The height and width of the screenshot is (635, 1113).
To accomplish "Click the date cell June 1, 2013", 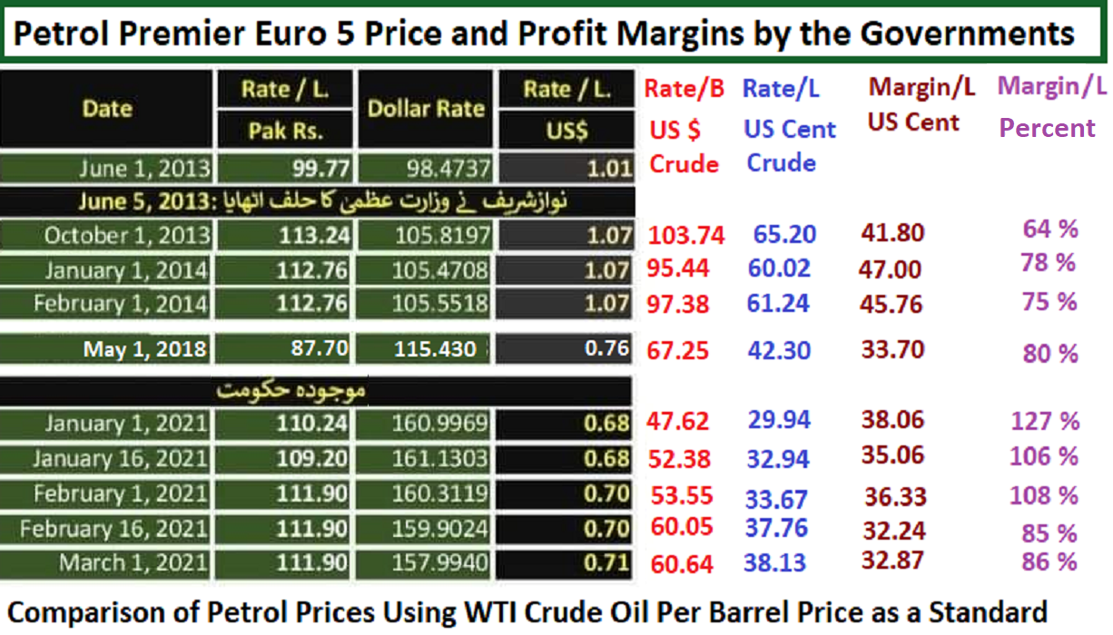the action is [145, 169].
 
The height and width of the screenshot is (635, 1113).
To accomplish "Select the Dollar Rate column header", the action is [426, 109].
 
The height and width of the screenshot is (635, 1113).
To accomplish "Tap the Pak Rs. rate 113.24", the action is [314, 235].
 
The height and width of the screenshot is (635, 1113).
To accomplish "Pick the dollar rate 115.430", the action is [435, 349].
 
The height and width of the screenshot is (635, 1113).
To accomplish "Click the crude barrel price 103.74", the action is [686, 235].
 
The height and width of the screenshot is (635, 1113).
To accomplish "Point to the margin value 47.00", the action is [890, 269].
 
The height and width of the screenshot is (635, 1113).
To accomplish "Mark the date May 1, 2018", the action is [144, 349].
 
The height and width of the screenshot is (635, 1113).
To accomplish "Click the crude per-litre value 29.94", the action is [779, 419].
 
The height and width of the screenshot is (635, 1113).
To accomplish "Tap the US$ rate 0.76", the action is [607, 348].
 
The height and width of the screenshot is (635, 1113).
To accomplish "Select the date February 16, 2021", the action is [113, 529].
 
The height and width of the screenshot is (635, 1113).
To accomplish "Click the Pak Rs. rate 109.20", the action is [312, 458].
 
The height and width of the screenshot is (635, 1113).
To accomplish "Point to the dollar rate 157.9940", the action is [440, 562].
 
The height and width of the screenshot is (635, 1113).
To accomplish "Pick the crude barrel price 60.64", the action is [682, 564].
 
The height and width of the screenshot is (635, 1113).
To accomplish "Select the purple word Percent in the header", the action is [1047, 128].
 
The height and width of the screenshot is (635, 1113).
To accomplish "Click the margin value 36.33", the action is [895, 496].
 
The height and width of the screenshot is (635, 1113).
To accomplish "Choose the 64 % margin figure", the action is [1050, 230].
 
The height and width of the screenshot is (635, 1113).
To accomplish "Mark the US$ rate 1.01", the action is [610, 169].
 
